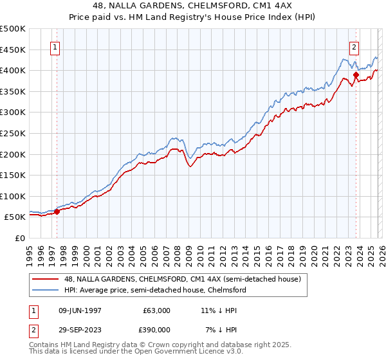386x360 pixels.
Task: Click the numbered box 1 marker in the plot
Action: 55,47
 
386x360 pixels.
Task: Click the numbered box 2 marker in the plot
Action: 354,47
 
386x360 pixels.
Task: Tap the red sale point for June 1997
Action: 57,211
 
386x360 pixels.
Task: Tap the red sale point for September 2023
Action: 356,75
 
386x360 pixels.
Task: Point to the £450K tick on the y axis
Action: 13,50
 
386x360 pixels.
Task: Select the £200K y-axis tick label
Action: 13,154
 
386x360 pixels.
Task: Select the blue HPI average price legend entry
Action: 154,291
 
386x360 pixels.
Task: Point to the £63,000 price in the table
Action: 156,310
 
